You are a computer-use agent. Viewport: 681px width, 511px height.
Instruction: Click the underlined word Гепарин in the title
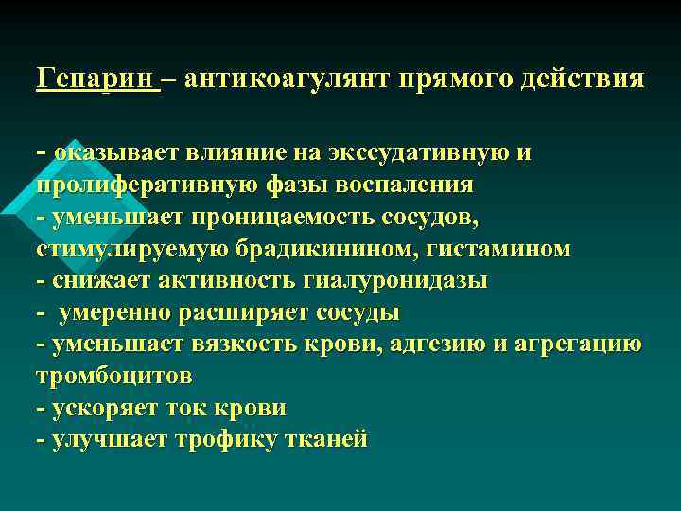tap(96, 78)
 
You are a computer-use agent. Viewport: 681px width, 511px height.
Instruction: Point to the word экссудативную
tap(417, 151)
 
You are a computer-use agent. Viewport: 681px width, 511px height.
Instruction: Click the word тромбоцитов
tap(113, 377)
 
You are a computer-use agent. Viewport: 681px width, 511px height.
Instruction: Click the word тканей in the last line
tap(322, 440)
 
